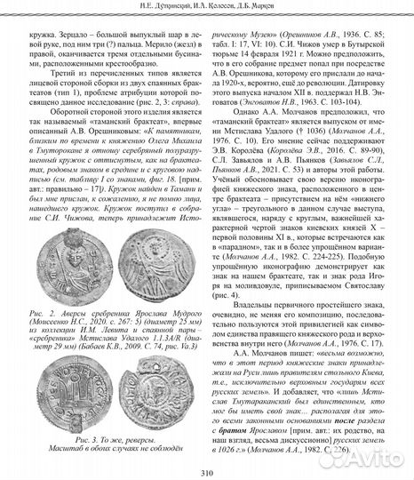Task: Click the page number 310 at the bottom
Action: [206, 471]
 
